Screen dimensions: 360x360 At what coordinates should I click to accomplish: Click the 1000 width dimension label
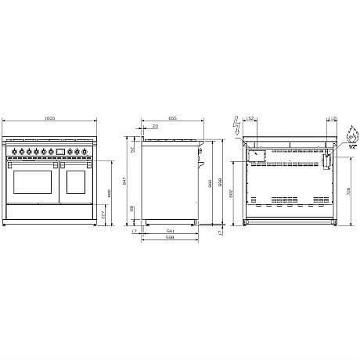coord(49,119)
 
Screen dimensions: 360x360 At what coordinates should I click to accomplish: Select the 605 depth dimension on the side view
coord(173,117)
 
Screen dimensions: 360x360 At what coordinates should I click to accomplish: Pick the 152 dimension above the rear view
coord(250,120)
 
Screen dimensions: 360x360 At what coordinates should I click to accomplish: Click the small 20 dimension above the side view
coord(156,125)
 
